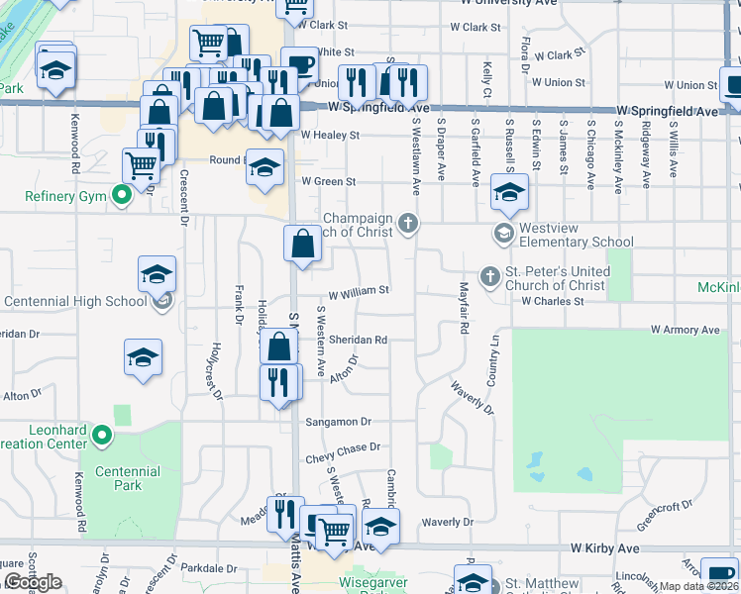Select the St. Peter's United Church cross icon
click(x=488, y=276)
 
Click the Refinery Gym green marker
click(x=121, y=195)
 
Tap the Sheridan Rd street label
click(x=358, y=340)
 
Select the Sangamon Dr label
click(x=338, y=421)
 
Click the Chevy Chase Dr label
click(x=343, y=447)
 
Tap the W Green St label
click(x=328, y=182)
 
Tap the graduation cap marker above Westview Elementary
click(x=509, y=192)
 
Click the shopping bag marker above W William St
click(x=302, y=244)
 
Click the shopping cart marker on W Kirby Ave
click(x=335, y=531)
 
